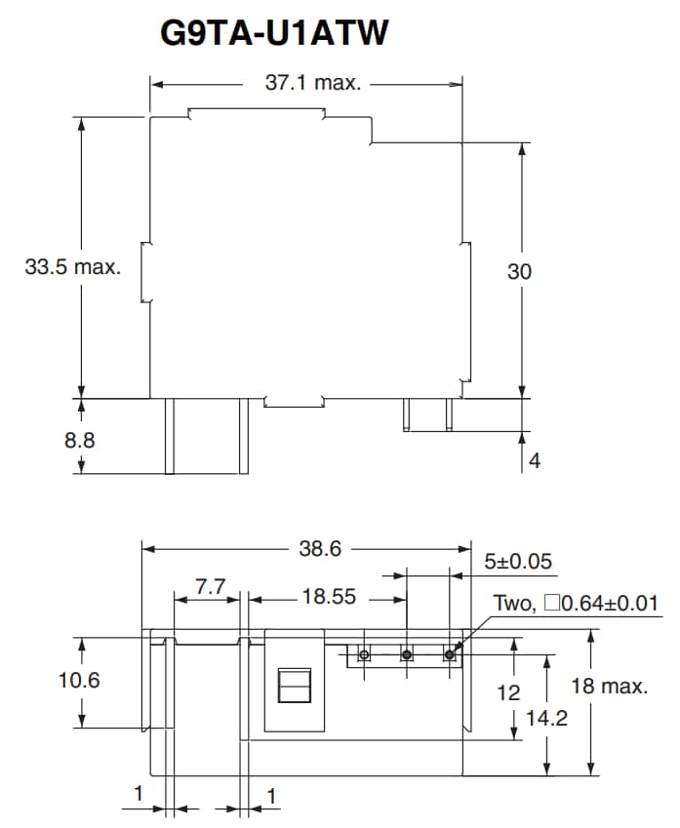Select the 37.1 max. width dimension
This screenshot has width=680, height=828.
313,83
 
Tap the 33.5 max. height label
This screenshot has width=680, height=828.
73,267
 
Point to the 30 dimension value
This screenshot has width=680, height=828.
519,272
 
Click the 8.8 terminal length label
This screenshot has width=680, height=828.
80,440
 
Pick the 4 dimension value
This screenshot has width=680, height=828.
534,460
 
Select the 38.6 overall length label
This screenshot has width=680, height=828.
320,548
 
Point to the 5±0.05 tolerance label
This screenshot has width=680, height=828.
518,562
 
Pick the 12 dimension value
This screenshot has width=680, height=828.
508,692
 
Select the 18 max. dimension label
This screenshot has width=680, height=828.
609,686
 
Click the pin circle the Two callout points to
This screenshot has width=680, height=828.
450,654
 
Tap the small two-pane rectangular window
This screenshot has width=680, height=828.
294,686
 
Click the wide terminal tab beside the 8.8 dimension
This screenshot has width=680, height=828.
206,435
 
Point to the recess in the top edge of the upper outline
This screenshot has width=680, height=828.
256,115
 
